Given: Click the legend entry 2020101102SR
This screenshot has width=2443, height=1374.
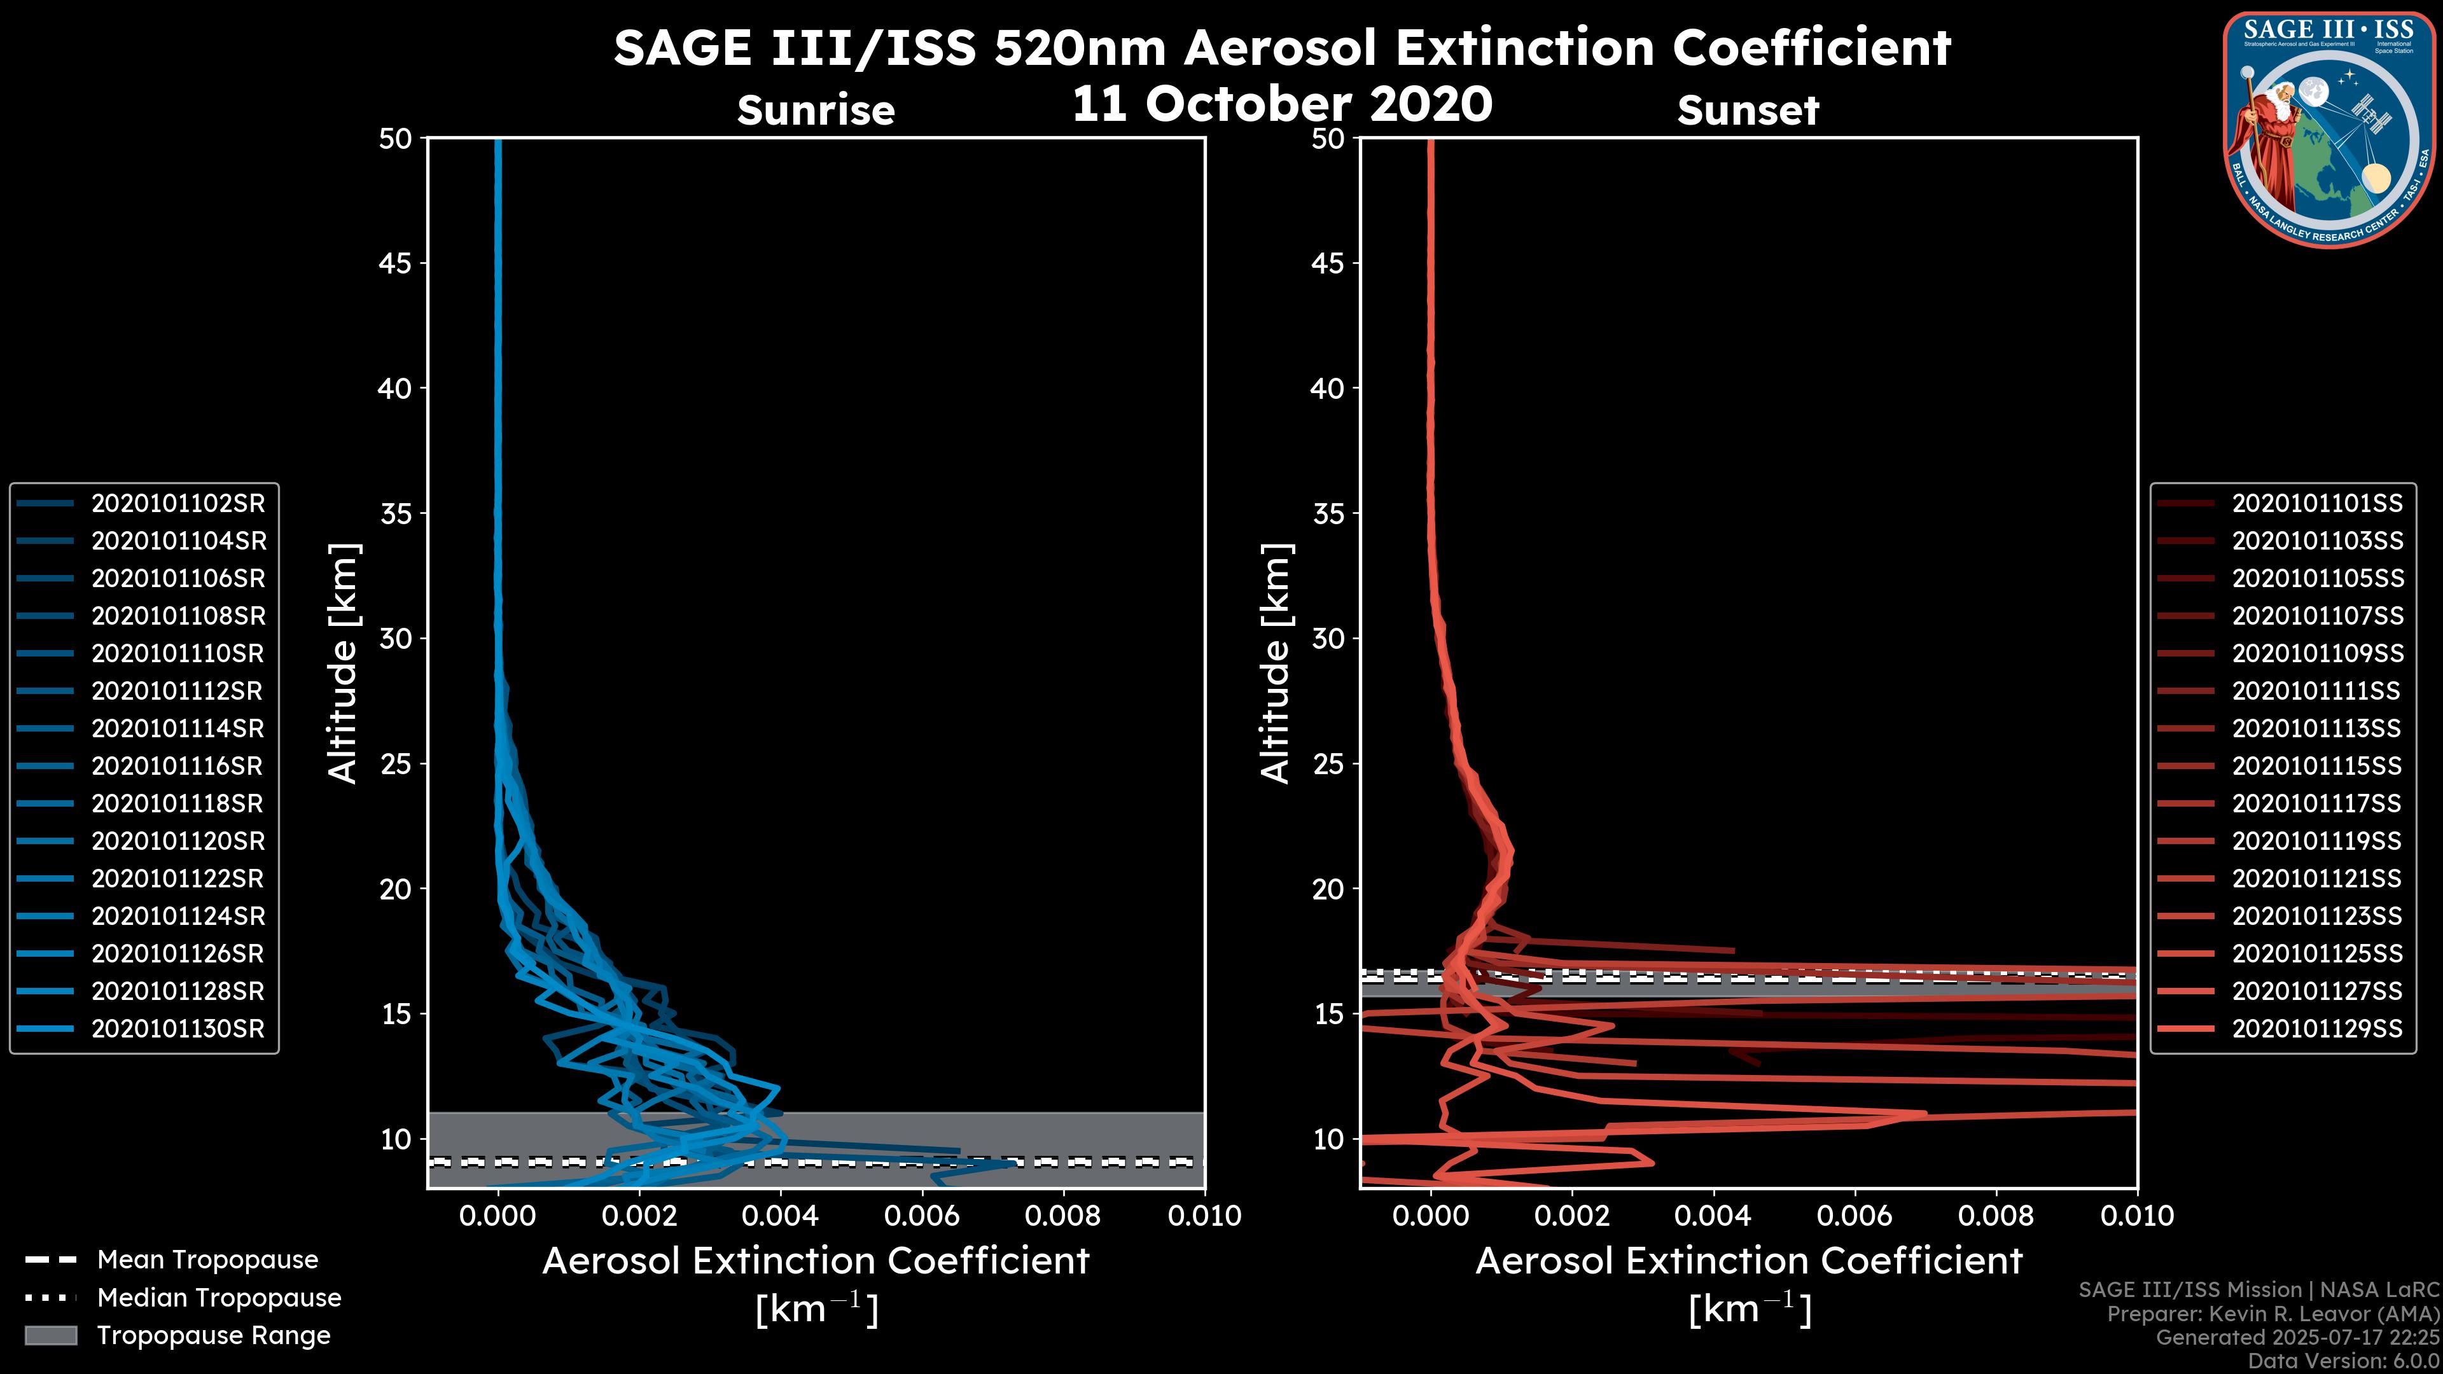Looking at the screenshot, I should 178,504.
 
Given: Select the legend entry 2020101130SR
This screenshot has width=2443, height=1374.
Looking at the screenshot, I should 178,1029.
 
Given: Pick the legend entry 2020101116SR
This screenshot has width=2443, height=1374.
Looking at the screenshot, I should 178,766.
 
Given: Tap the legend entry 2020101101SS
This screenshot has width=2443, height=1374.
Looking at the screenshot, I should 2317,504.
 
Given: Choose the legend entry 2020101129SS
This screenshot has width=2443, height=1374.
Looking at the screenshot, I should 2317,1029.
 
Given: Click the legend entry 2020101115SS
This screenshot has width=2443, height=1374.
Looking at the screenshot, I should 2317,766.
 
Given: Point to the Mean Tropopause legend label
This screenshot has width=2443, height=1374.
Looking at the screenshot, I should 207,1260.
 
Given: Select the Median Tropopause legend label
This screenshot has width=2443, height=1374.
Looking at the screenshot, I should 219,1298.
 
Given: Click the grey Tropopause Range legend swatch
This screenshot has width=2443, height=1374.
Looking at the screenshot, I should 50,1336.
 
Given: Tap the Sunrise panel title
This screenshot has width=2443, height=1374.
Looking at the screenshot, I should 816,111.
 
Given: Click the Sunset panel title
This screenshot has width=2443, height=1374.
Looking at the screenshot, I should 1748,111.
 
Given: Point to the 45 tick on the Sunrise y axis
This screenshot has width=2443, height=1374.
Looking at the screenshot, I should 396,263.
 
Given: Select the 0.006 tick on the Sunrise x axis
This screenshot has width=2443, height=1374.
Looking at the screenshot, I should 921,1216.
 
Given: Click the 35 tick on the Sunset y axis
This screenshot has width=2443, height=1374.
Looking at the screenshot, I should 1328,514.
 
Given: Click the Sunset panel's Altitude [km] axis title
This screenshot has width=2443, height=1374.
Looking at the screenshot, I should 1276,663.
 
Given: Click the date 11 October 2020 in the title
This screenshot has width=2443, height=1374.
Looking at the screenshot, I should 1282,104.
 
